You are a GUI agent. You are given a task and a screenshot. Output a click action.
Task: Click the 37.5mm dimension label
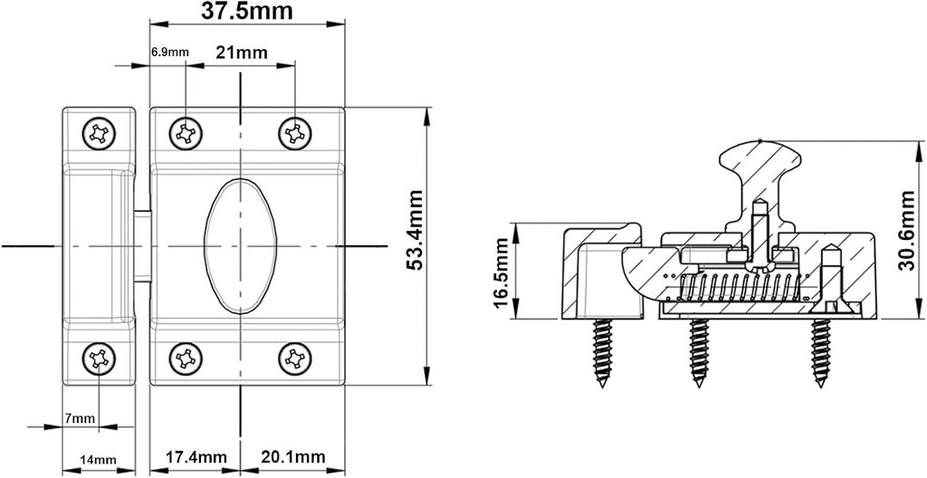[247, 11]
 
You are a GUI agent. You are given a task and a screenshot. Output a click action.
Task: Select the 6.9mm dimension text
[169, 53]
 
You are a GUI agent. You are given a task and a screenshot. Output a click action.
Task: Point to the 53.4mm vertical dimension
[416, 230]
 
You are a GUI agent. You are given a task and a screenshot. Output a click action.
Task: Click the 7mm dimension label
[80, 419]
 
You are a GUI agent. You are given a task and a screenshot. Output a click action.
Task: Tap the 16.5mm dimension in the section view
[500, 272]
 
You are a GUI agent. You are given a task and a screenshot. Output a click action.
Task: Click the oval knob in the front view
[241, 245]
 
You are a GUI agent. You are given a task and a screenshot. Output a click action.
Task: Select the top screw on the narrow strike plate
[99, 134]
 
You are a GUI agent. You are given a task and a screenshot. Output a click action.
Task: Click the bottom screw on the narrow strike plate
[99, 358]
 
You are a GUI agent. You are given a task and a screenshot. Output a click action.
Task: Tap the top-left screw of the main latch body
[186, 134]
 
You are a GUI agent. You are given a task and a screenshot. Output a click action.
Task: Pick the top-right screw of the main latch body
[295, 134]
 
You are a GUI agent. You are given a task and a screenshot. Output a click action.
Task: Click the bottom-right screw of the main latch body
[295, 358]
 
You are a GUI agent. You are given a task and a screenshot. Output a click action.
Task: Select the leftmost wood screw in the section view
[602, 353]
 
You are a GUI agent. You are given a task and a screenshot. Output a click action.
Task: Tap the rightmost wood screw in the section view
[820, 353]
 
